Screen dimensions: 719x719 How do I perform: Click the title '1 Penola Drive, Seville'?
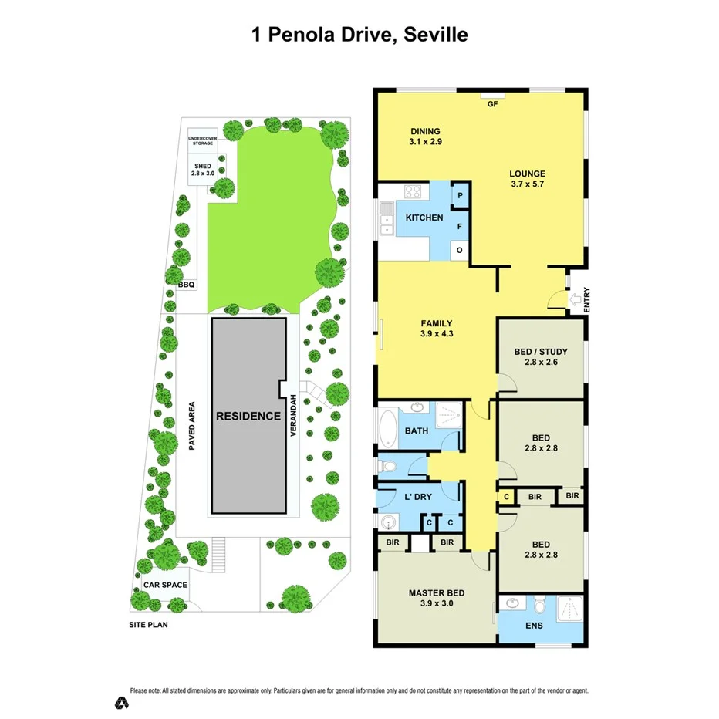point(359,35)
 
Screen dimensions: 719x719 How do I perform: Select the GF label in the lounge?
point(491,104)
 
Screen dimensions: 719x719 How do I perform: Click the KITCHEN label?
point(424,218)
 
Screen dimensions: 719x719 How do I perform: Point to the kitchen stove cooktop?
point(411,193)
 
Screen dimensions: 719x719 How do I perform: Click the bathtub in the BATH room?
point(387,427)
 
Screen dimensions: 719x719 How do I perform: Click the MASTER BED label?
point(437,598)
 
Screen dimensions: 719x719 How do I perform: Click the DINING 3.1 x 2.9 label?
point(425,137)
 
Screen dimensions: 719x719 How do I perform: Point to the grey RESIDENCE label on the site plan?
point(248,416)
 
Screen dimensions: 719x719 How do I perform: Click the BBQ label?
point(187,285)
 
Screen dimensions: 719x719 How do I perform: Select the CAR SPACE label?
point(165,585)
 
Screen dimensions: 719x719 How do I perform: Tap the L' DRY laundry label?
point(417,497)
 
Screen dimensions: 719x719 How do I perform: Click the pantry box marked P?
point(460,196)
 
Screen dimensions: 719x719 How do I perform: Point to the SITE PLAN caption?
point(148,625)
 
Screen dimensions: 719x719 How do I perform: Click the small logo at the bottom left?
point(121,702)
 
